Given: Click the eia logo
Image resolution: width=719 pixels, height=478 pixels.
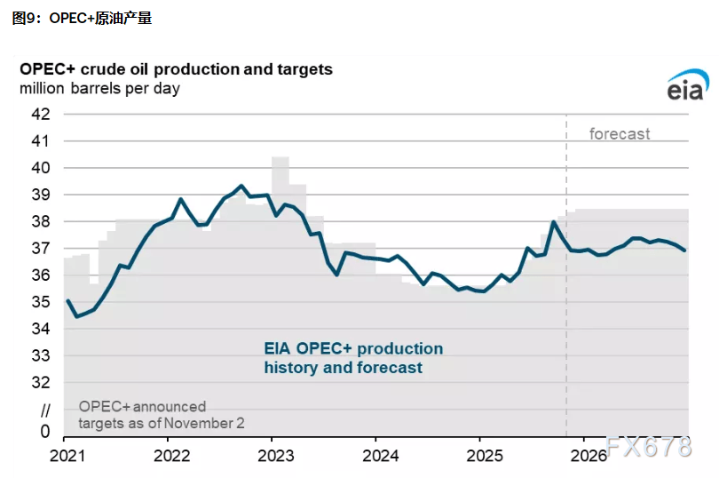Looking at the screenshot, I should point(684,85).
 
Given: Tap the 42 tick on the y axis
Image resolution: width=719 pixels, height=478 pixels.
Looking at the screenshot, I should point(41,114).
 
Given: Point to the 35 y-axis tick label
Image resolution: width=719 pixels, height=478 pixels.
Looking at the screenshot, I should point(41,302).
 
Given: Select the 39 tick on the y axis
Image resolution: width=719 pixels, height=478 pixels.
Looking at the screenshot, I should point(41,195).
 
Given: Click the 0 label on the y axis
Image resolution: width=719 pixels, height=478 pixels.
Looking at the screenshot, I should point(45,431).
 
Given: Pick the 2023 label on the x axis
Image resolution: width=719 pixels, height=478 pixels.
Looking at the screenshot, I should point(271,455).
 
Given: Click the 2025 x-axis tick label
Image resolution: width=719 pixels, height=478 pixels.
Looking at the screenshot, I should point(479,455).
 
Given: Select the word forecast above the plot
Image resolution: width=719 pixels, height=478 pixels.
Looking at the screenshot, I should point(620,134).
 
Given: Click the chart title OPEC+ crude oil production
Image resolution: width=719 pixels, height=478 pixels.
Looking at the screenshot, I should point(177,69).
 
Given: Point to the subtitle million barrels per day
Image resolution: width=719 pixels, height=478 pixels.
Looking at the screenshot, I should point(100,88).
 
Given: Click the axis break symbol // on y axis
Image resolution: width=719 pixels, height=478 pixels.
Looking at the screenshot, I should point(45,410).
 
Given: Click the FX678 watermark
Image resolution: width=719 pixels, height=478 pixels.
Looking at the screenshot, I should point(647,448).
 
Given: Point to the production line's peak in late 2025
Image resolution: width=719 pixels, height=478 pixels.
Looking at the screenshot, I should point(553,222).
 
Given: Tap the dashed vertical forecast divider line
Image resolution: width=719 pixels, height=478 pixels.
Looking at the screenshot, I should point(566,267).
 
